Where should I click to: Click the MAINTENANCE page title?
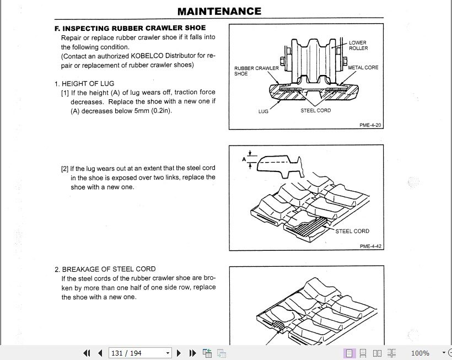coord(219,11)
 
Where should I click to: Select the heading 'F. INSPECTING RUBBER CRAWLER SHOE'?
coord(130,28)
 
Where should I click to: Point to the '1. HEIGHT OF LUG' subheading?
coord(84,84)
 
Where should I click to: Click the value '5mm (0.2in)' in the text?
coord(153,111)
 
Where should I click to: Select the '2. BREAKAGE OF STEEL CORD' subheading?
coord(105,270)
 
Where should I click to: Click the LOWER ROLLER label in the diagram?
coord(358,45)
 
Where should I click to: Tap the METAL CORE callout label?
coord(363,68)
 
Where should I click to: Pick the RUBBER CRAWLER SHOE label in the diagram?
coord(256,71)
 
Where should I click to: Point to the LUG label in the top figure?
coord(263,111)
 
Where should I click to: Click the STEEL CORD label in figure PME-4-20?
coord(315,110)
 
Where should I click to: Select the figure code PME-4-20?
coord(370,125)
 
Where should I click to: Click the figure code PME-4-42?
coord(370,246)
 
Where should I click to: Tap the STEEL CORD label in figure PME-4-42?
coord(352,232)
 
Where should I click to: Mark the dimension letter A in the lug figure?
coord(244,159)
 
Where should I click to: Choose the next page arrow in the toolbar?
coord(179,353)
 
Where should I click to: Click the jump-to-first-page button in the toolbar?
coord(87,353)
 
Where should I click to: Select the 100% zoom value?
coord(420,353)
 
